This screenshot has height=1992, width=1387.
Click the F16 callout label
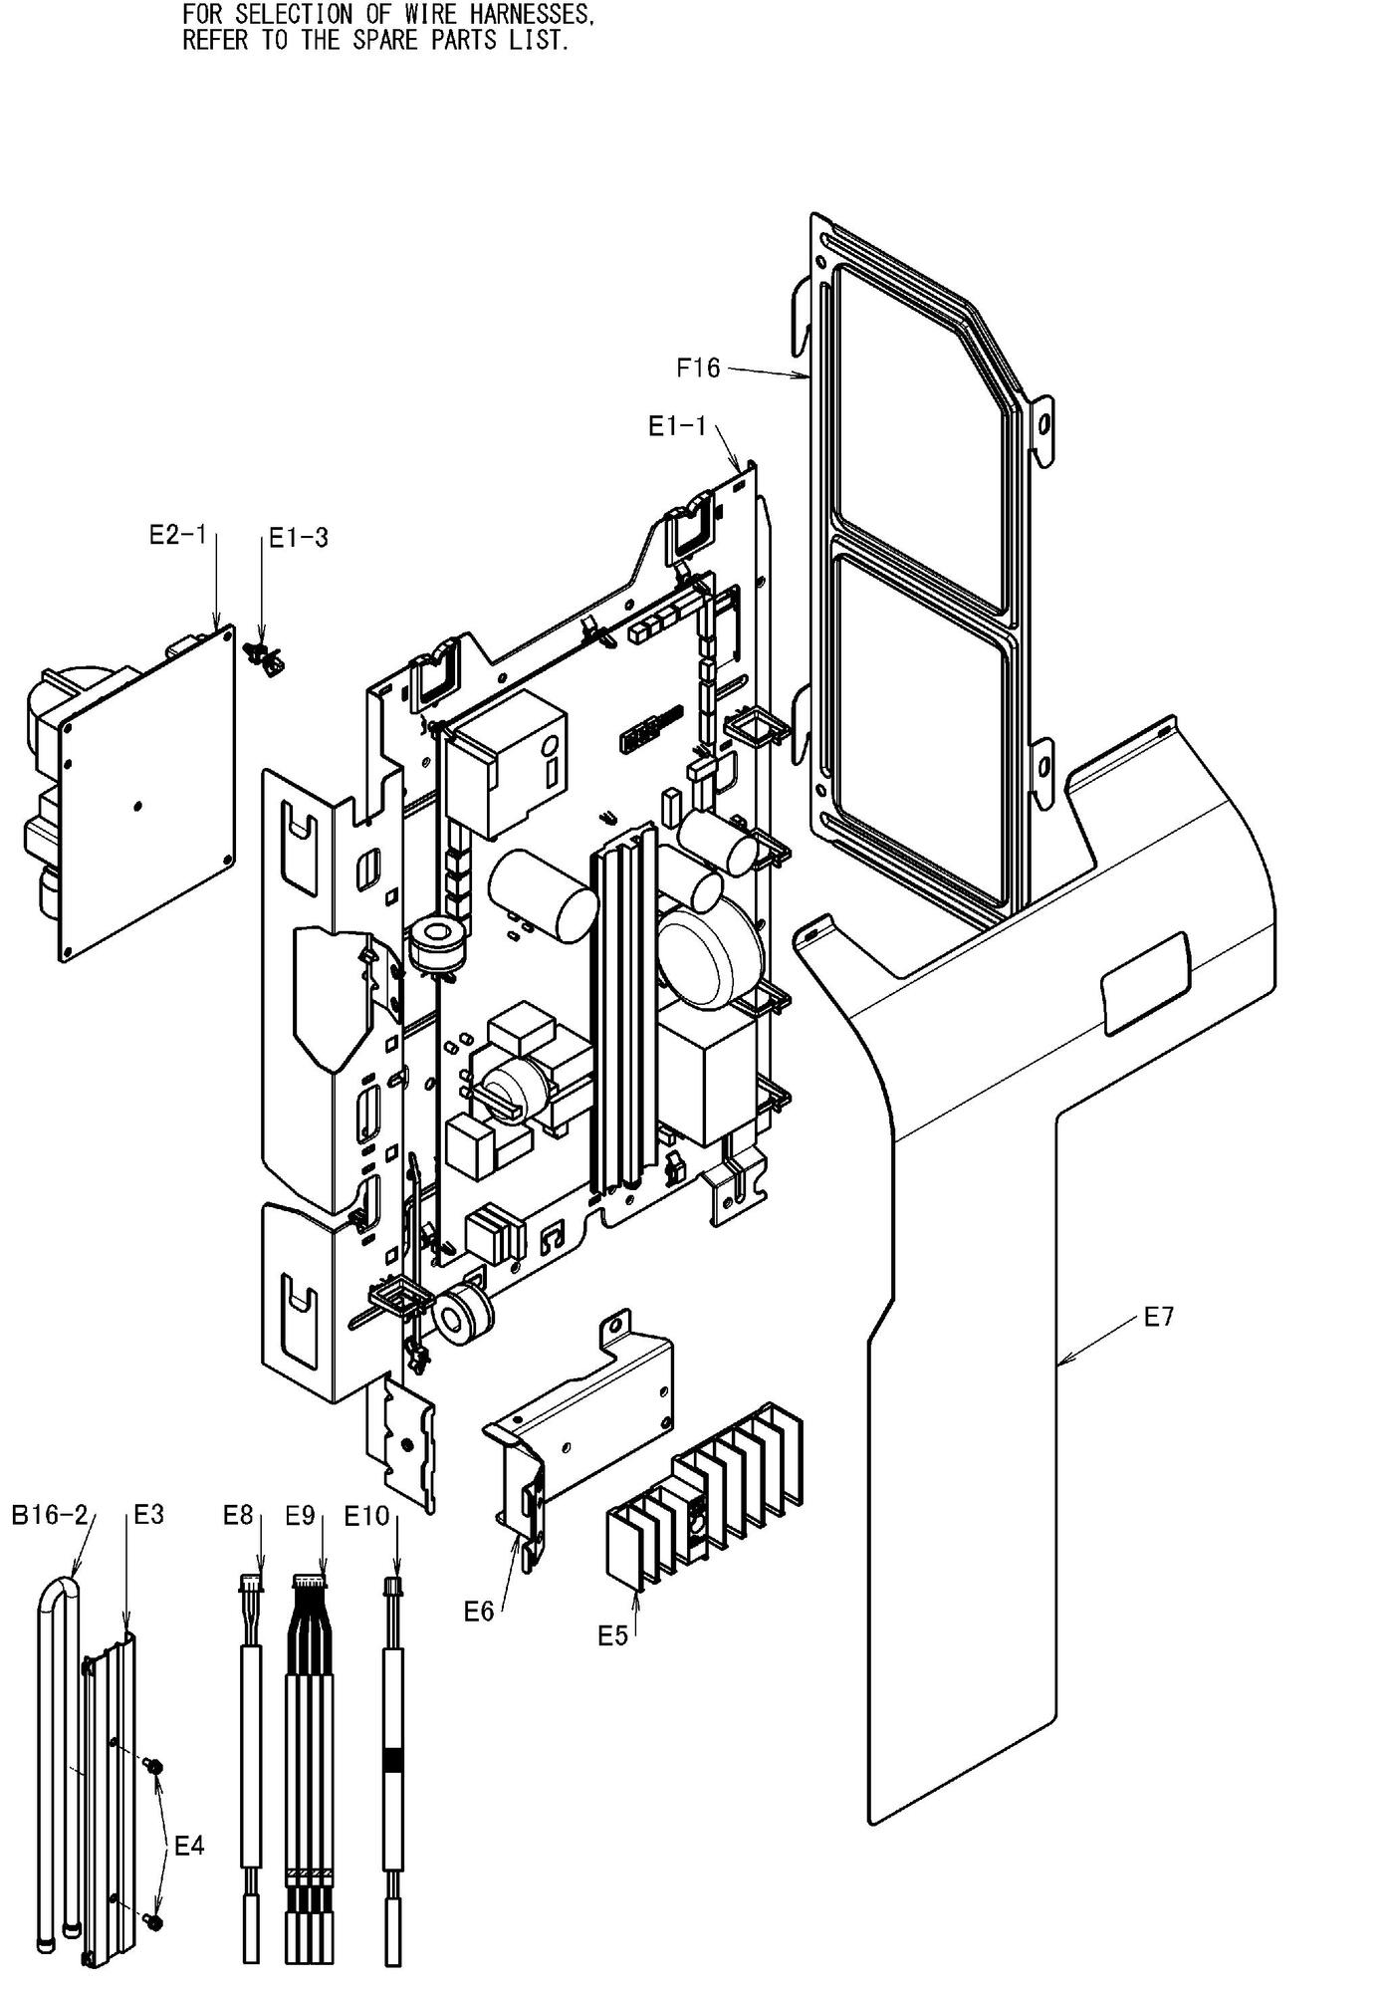coord(697,369)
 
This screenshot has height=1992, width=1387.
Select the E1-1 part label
coord(676,427)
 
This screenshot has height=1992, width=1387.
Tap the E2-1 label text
coord(177,536)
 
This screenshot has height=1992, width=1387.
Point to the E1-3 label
coord(299,538)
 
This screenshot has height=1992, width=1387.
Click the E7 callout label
coord(1159,1317)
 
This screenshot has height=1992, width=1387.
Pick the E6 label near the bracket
coord(479,1611)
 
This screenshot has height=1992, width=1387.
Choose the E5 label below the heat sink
coord(613,1635)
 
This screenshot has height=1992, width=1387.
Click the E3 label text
coord(148,1515)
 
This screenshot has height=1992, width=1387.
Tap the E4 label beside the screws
coord(189,1846)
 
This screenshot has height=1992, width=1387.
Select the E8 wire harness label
coord(239,1515)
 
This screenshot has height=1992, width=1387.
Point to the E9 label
coord(300,1515)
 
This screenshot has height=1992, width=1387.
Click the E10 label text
coord(366,1516)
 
